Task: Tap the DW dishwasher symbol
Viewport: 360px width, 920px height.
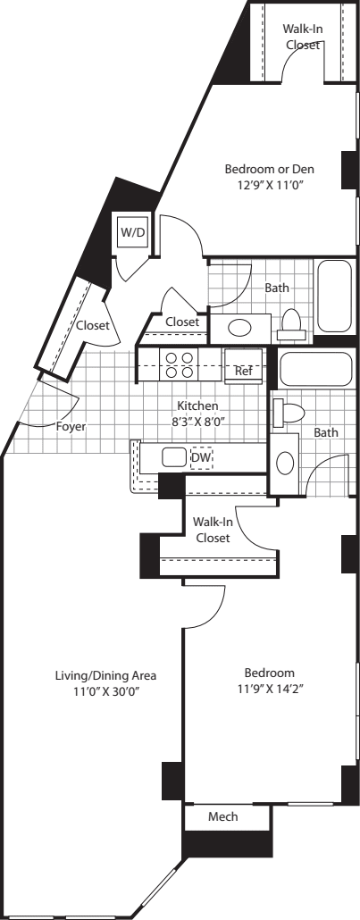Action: click(x=202, y=457)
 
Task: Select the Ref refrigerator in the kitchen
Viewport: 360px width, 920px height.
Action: click(x=242, y=370)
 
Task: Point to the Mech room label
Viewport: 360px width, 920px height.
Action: click(x=222, y=816)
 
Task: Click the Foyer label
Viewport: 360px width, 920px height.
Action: click(x=71, y=426)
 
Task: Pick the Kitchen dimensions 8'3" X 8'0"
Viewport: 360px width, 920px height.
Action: click(x=197, y=421)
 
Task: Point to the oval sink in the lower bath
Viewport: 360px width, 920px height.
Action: click(x=285, y=464)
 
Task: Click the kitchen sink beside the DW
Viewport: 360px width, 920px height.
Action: click(x=173, y=457)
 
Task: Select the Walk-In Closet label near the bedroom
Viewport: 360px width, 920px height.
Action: click(x=212, y=531)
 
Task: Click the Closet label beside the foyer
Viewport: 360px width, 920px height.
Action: click(x=92, y=326)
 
